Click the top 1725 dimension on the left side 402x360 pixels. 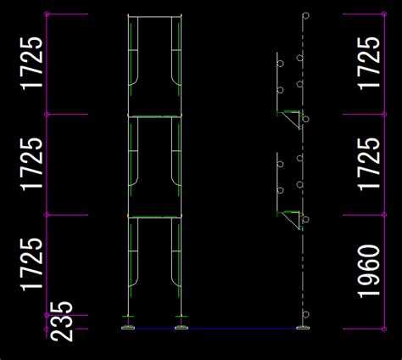pos(31,64)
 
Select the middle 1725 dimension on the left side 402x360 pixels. pos(31,164)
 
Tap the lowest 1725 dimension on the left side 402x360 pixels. pos(31,264)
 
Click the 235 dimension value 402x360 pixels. pos(61,321)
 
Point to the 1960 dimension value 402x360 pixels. pos(369,272)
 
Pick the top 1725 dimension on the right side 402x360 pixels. pos(369,64)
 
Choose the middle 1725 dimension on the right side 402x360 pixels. pos(369,164)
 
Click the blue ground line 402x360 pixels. pos(215,329)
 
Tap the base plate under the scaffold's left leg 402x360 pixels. pos(128,328)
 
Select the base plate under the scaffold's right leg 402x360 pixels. pos(181,328)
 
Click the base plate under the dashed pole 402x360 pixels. pos(303,328)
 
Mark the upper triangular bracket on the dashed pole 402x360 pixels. pos(292,119)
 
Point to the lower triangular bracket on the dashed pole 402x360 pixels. pos(292,219)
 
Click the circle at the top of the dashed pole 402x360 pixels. pos(305,15)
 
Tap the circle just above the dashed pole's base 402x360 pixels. pos(305,314)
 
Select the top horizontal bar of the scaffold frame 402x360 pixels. pos(154,17)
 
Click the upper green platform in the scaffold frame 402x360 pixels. pos(154,116)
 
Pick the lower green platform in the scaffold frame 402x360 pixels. pos(154,217)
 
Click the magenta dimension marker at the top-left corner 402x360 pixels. pos(47,14)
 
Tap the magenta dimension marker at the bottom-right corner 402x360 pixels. pos(384,329)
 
